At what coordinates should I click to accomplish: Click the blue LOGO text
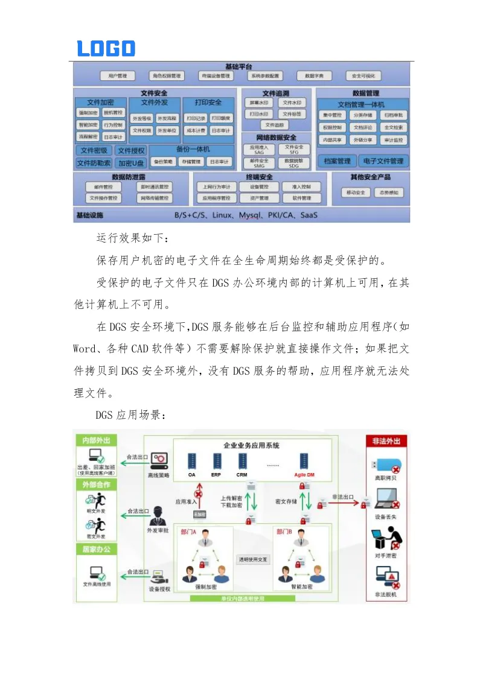tap(106, 48)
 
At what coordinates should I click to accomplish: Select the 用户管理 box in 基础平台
tap(117, 76)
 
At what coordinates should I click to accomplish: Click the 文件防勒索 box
tap(94, 163)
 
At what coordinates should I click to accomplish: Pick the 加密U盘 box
tap(131, 163)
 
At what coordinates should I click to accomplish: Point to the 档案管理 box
tap(337, 161)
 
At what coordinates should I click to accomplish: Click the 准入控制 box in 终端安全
tap(301, 187)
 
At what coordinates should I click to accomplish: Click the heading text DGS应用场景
tap(130, 416)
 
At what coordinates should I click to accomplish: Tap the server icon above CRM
tap(243, 461)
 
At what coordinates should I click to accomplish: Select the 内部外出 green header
tap(95, 440)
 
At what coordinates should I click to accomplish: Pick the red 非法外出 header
tap(387, 441)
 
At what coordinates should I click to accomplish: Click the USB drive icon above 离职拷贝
tap(386, 466)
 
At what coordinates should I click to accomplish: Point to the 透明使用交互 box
tap(253, 559)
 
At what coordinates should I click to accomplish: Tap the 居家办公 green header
tap(95, 549)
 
